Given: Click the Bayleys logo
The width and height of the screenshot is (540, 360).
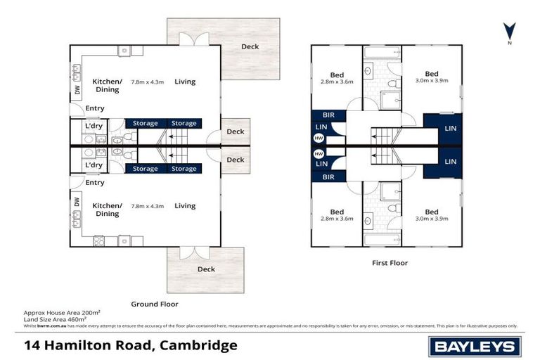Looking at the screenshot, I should coord(475,346).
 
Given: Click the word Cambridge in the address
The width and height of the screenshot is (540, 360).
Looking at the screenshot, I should coord(199,345).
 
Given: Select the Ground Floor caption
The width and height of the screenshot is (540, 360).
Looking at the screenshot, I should coord(155,304).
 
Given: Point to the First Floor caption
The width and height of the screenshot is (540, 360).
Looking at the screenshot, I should coord(390,263).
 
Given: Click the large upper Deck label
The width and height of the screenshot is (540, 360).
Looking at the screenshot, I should coord(250,47).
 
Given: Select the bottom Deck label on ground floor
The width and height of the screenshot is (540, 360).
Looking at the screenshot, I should coord(206,269).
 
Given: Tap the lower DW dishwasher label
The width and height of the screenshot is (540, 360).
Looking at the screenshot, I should coord(76,202).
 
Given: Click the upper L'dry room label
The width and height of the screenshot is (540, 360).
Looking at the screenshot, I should coord(94,126).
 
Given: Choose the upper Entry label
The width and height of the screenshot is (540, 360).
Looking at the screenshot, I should coord(95,108).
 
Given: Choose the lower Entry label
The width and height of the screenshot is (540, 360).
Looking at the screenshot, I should coord(95,183).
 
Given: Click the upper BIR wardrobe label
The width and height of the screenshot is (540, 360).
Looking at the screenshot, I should coord(328,114).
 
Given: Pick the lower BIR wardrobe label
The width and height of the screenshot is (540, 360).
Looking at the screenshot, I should coord(328,178).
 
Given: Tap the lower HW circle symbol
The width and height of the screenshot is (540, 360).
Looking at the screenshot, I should coord(319,153).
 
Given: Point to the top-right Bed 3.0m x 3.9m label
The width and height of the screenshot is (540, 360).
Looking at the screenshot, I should coord(431,78).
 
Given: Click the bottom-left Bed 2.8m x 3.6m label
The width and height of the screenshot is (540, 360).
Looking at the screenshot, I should coord(337,215).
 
